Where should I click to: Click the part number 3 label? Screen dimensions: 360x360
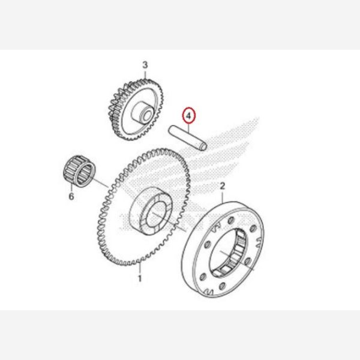click(145, 65)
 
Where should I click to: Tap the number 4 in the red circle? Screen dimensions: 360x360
click(188, 116)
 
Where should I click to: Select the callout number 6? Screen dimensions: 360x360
click(71, 197)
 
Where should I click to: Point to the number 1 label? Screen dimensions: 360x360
click(140, 279)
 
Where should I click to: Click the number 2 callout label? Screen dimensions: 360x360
click(223, 186)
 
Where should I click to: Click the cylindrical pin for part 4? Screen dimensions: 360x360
click(188, 138)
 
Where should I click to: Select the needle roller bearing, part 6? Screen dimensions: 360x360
click(79, 171)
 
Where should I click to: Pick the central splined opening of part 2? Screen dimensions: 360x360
click(228, 253)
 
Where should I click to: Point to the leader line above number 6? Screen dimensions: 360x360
click(71, 187)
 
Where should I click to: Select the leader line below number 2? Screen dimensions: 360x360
click(223, 197)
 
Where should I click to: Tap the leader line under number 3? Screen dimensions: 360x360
click(145, 74)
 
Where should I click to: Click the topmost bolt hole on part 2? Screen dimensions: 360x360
click(230, 221)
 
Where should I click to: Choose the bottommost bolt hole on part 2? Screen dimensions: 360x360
click(222, 286)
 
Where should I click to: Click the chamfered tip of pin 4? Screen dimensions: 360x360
click(203, 146)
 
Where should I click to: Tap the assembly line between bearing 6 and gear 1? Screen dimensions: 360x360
click(100, 182)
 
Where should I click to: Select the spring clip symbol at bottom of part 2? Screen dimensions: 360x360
click(209, 292)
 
